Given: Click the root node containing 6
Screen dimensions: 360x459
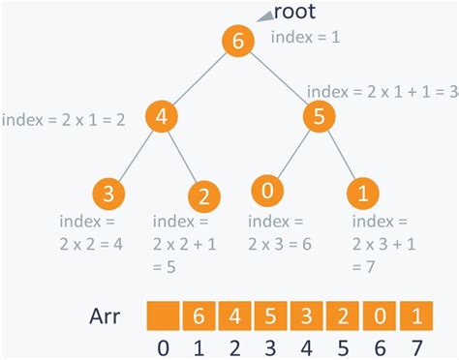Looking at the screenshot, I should pos(237,43).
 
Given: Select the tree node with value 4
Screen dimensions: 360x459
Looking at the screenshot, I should pos(163,117).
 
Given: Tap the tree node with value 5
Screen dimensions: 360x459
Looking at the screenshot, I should pos(320,117).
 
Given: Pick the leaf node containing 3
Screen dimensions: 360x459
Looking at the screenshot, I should pos(109,193).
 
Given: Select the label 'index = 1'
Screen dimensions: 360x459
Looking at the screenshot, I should pos(306,37).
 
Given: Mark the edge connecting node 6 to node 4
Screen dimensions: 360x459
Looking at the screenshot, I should pos(199,80).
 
